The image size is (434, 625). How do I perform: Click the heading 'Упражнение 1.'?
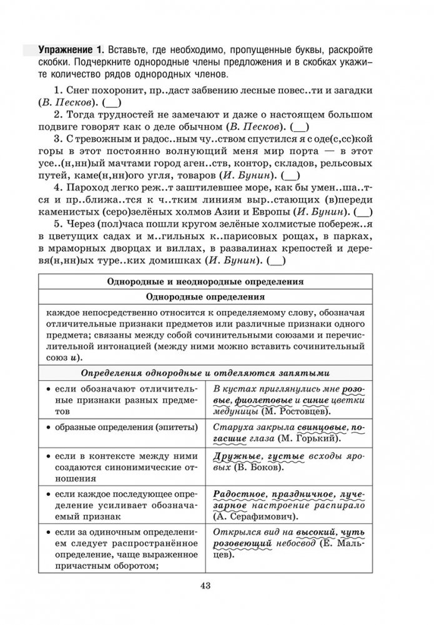(x=70, y=49)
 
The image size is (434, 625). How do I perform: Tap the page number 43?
(x=206, y=584)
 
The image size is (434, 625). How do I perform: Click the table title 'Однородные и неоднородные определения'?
(x=205, y=281)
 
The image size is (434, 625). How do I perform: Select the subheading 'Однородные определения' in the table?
(x=205, y=297)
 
